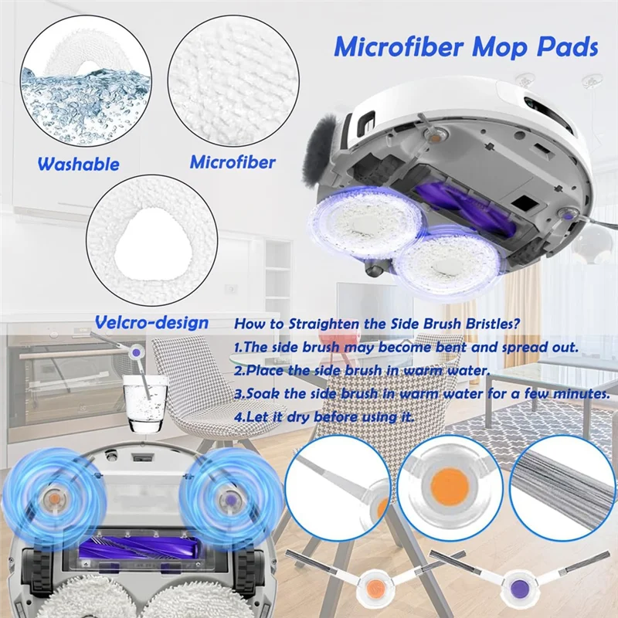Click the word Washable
(x=78, y=165)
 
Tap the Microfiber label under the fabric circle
(x=233, y=162)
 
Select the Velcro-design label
(x=151, y=321)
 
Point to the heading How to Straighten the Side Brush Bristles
(x=366, y=324)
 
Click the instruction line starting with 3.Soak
(x=420, y=394)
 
